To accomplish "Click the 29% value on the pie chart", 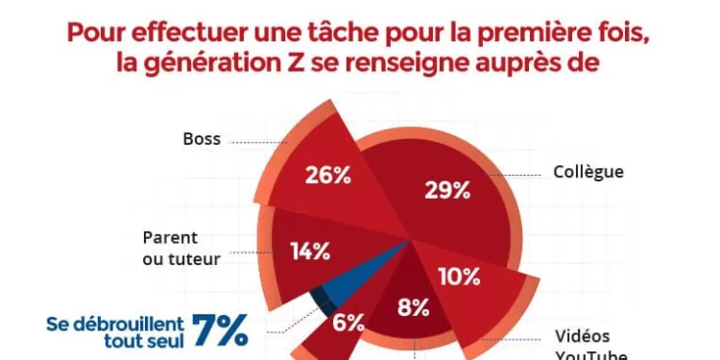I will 446,189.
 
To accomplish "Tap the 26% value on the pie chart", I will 326,176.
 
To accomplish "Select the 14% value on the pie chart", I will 310,252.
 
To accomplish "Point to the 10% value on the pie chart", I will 458,276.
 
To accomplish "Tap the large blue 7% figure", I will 219,329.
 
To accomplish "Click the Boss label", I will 202,139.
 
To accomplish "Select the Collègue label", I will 588,173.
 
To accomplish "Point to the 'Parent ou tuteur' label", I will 181,247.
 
